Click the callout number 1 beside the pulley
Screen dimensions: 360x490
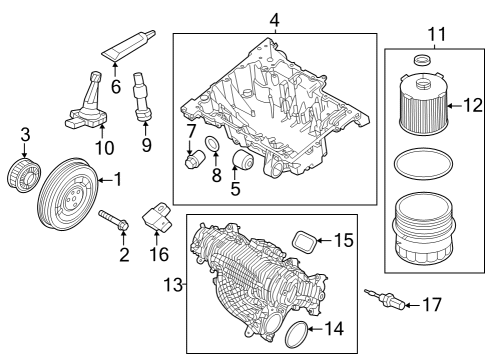[x=117, y=180]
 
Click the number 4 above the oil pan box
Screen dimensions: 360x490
[x=273, y=20]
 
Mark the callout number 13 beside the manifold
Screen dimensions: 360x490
[x=170, y=285]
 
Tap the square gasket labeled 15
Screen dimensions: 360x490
[x=301, y=239]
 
